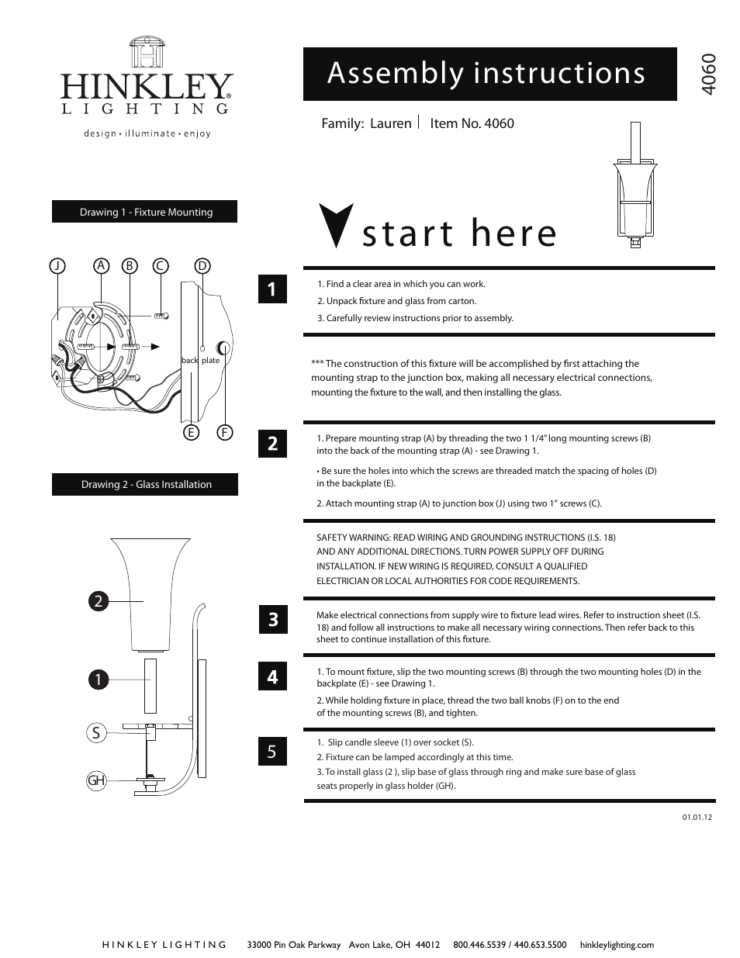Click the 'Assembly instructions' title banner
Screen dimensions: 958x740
(489, 74)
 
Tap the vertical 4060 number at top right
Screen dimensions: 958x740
(707, 74)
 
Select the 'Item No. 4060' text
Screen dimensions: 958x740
(472, 123)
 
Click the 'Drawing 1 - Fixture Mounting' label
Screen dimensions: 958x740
(145, 212)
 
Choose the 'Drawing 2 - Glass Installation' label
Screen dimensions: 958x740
(146, 485)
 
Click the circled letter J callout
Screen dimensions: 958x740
(57, 266)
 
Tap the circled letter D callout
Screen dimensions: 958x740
(202, 266)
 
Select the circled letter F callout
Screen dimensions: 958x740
(225, 433)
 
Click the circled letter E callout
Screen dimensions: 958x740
(190, 433)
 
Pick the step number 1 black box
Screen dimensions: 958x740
(272, 289)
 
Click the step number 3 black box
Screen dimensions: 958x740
(272, 620)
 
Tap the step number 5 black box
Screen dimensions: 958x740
(272, 751)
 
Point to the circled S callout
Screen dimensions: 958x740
(96, 732)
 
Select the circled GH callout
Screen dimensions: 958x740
(96, 780)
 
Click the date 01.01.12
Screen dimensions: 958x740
(697, 818)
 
